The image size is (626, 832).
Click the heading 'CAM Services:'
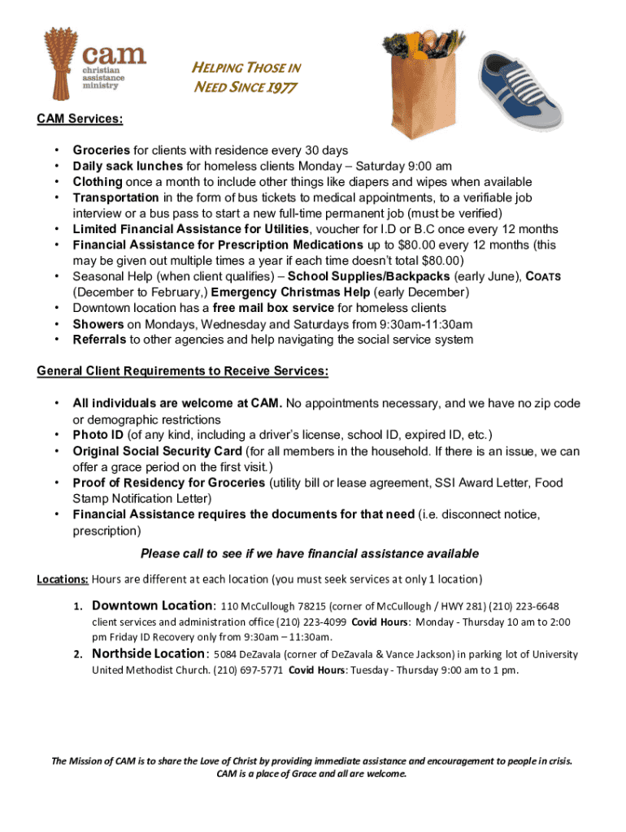point(80,119)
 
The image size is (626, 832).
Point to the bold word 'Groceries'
point(102,150)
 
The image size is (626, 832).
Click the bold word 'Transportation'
point(116,197)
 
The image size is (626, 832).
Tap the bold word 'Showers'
point(98,324)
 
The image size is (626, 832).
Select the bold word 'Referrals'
point(100,340)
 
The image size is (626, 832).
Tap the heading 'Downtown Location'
point(152,605)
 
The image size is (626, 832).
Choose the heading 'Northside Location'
point(150,653)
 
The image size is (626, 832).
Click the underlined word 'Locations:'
point(63,579)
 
